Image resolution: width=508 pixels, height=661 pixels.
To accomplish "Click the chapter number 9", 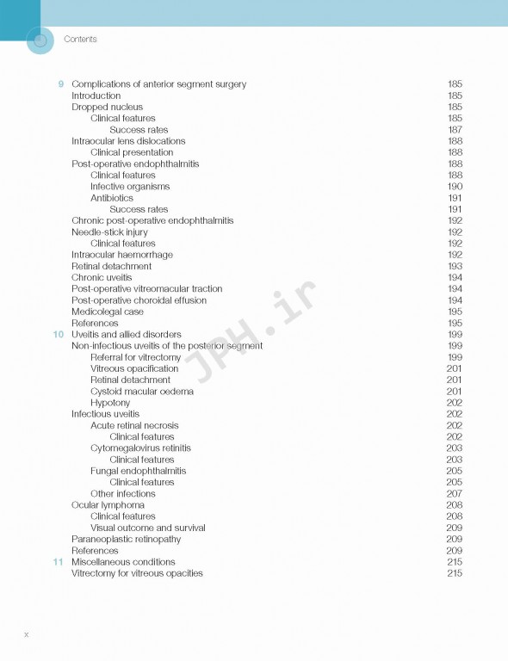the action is point(60,84).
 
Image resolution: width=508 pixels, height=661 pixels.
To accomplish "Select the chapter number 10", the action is point(58,334).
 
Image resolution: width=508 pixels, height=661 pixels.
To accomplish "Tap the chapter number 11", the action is point(58,562).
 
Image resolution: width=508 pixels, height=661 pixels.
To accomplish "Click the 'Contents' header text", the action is point(80,40).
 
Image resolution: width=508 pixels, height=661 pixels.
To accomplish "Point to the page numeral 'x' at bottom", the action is point(27,634).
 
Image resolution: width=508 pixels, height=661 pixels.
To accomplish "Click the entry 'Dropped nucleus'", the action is point(107,108).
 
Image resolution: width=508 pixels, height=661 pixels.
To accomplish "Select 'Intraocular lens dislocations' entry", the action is point(128,141).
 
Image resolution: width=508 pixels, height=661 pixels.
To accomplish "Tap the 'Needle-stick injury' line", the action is point(109,232).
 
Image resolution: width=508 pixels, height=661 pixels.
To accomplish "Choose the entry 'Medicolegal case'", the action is point(108,312).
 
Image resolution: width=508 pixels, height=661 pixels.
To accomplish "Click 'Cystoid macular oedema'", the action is point(142,392).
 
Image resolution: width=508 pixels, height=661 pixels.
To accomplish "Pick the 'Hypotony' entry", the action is point(110,403).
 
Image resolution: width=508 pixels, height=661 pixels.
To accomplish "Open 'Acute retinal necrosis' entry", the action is point(134,425).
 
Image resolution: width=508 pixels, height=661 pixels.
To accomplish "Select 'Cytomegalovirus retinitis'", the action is point(140,448).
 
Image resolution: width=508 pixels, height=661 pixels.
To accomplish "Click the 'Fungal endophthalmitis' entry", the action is point(138,471).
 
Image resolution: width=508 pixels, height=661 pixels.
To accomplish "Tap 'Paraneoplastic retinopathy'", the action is point(126,540).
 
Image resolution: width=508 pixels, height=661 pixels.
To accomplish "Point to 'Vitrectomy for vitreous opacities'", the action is point(137,573).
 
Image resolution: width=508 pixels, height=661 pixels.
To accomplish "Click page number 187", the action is point(455,130).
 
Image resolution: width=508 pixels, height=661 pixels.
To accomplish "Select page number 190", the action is point(455,187).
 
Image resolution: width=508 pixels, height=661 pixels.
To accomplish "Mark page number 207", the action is point(455,494).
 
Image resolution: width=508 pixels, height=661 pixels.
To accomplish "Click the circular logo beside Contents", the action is point(40,40).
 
